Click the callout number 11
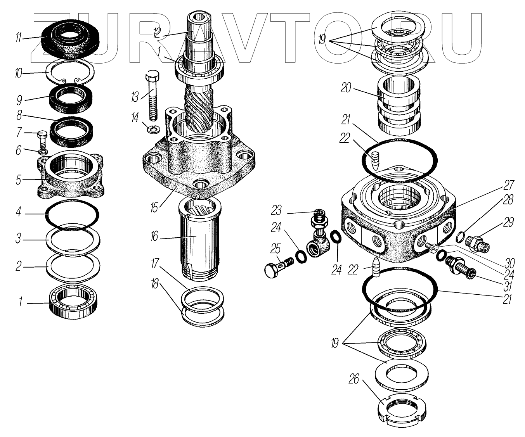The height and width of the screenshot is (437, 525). pos(18,38)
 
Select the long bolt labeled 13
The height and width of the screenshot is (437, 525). pos(152,95)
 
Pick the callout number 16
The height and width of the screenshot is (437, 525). pos(154,237)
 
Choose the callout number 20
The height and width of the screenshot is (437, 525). pos(346,88)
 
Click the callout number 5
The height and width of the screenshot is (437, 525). pos(18,180)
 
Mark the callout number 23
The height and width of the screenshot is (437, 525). pos(276,210)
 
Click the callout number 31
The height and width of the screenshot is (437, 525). pos(508,286)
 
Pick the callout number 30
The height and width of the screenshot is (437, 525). pos(509,263)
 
